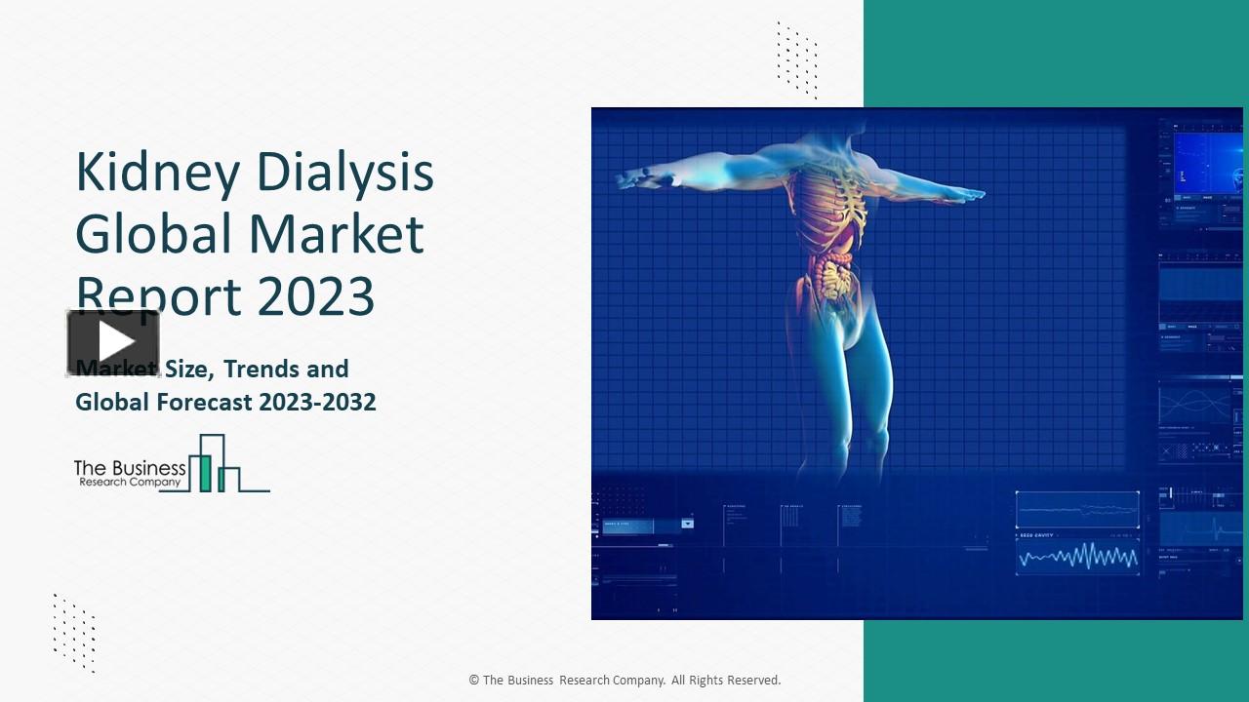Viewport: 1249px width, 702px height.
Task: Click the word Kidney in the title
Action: click(157, 174)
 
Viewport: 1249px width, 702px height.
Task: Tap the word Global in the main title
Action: click(154, 234)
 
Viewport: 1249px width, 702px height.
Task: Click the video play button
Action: click(113, 342)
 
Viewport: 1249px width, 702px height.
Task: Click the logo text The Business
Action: click(130, 467)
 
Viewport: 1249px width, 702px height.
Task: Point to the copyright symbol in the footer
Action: click(474, 681)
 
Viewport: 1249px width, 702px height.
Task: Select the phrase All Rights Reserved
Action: click(726, 681)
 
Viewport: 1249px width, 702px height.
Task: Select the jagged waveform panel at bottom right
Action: click(1077, 557)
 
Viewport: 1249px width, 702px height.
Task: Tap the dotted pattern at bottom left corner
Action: click(74, 632)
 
